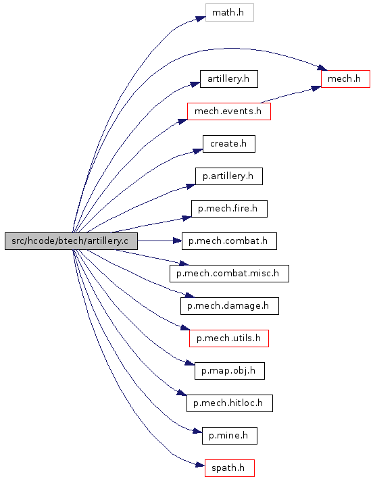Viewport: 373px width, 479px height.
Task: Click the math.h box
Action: (x=230, y=13)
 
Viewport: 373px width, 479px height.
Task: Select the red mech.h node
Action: (x=345, y=79)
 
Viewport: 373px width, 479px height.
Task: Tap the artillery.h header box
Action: (x=229, y=79)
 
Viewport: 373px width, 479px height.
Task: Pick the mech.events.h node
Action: (x=229, y=111)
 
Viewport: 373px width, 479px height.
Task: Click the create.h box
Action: (x=229, y=144)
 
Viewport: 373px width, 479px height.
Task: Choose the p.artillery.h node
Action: (x=229, y=176)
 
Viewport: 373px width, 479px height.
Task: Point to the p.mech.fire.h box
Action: (x=229, y=209)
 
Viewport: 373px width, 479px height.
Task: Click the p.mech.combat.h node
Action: (x=229, y=241)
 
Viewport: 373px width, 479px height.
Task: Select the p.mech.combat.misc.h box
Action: (x=229, y=274)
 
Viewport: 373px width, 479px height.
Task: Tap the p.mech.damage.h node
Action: (x=230, y=306)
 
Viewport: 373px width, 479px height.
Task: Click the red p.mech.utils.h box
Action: (x=229, y=338)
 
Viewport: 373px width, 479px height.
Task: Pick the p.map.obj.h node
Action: (x=230, y=371)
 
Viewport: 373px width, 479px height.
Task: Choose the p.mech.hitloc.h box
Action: (x=230, y=403)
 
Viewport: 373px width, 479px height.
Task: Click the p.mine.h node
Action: (x=230, y=436)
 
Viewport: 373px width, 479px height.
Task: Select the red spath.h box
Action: (x=230, y=468)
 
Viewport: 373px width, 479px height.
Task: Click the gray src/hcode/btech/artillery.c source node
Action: (x=71, y=241)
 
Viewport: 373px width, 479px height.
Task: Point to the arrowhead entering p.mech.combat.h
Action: (x=178, y=241)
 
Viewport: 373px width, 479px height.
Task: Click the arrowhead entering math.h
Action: (x=201, y=18)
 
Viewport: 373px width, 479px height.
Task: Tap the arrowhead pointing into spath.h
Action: (x=200, y=465)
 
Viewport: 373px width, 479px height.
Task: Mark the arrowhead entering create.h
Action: (x=198, y=151)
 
